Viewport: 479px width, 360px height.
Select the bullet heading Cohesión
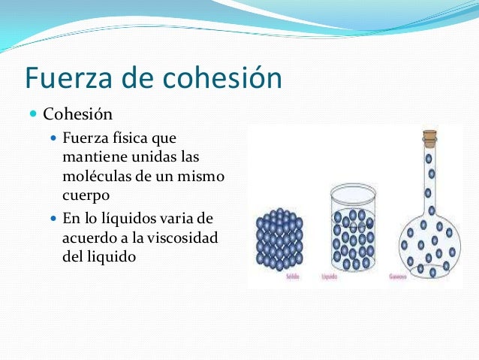pyautogui.click(x=77, y=115)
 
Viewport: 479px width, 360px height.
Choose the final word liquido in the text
pyautogui.click(x=112, y=256)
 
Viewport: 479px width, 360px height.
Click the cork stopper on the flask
pyautogui.click(x=429, y=138)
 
